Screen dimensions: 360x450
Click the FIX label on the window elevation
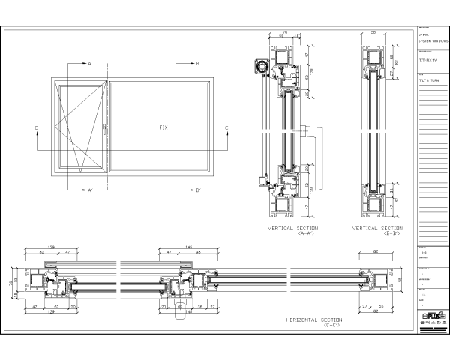(163, 127)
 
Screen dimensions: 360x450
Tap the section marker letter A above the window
(89, 64)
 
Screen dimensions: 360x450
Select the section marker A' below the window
(90, 190)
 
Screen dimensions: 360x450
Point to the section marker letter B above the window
(196, 64)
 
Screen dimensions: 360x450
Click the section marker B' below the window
(197, 190)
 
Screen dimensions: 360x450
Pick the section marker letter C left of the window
(36, 128)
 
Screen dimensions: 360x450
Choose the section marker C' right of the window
(227, 128)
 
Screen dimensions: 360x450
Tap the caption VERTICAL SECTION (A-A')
(293, 230)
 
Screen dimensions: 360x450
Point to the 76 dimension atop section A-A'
(285, 32)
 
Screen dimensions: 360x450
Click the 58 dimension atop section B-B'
(373, 32)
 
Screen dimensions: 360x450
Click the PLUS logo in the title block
(430, 316)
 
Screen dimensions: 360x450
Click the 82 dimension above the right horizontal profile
(373, 253)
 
